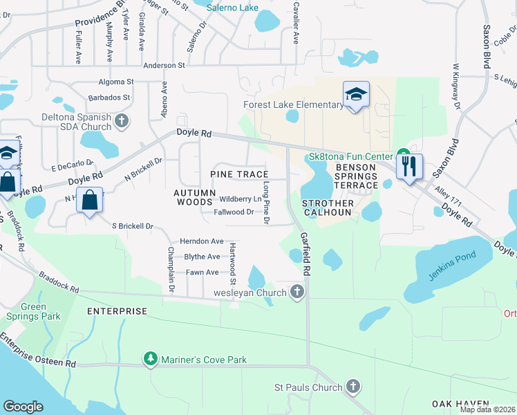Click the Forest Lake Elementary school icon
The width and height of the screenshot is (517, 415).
[x=356, y=95]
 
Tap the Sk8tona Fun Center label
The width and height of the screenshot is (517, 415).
[x=351, y=157]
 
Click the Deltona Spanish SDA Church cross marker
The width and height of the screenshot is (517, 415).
[x=122, y=122]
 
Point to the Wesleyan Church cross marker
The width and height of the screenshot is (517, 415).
[x=297, y=292]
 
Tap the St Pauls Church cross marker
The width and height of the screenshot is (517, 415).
[x=352, y=387]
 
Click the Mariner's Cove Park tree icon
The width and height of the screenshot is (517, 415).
[x=150, y=359]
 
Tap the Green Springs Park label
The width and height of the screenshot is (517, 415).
[x=33, y=312]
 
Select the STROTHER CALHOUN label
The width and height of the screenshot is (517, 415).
[x=328, y=208]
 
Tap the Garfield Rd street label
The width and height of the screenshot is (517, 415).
[x=305, y=246]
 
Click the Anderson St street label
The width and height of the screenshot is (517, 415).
[x=164, y=66]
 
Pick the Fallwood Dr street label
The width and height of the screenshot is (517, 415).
[x=234, y=212]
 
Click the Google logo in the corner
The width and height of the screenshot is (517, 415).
[x=23, y=406]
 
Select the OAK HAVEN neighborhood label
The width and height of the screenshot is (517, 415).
[x=460, y=403]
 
